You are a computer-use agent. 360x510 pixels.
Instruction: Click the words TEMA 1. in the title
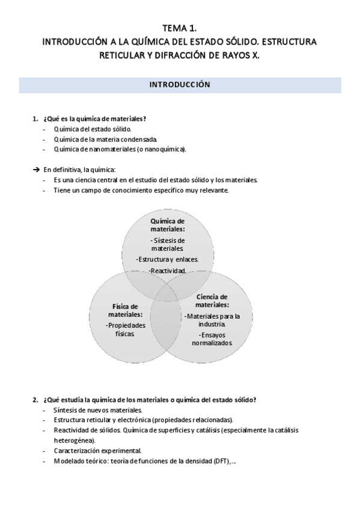(x=180, y=28)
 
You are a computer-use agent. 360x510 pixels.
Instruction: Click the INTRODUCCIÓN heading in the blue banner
(x=180, y=85)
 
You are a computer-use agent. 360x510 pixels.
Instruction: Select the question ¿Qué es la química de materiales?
(x=95, y=118)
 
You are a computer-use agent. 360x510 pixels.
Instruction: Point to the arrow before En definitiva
(x=36, y=170)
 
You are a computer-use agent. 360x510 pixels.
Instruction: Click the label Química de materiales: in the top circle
(x=168, y=225)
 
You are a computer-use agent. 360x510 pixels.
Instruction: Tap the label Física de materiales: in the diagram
(x=126, y=310)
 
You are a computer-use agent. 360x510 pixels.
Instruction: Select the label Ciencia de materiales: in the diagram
(x=212, y=300)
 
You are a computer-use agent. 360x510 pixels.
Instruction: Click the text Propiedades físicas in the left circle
(x=126, y=329)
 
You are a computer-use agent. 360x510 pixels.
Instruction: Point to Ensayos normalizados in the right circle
(x=212, y=339)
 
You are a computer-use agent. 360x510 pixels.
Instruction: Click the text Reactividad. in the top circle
(x=168, y=271)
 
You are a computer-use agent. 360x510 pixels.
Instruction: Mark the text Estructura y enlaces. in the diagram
(x=168, y=260)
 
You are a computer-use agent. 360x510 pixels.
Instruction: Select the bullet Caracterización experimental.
(x=97, y=450)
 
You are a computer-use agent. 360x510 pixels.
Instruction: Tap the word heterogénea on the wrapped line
(x=74, y=440)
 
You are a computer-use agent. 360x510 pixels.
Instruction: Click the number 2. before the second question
(x=35, y=399)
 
